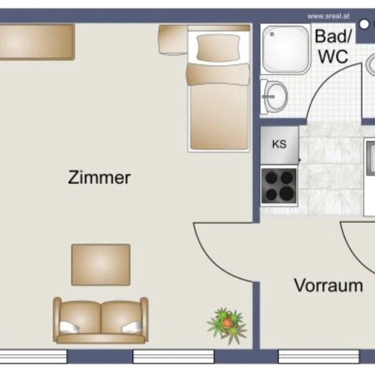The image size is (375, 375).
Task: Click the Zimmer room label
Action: click(99, 177)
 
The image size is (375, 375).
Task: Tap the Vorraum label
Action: click(329, 285)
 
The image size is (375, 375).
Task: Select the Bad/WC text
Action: click(333, 46)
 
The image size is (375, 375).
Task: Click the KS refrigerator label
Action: click(279, 144)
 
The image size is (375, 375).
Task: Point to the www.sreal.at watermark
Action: click(329, 16)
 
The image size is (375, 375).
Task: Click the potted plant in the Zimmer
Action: click(227, 325)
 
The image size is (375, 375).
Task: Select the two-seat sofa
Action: click(101, 320)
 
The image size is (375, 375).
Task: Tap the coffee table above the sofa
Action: click(101, 264)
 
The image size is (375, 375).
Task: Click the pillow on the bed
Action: click(218, 48)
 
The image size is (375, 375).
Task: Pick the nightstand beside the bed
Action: click(173, 40)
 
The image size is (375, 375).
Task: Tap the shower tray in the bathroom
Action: click(285, 49)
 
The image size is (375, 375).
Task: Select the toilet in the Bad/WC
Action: click(274, 97)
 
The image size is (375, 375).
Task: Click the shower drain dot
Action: click(272, 34)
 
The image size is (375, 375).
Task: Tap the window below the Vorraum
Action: click(319, 356)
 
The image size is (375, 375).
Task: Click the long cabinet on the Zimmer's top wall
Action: click(36, 42)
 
